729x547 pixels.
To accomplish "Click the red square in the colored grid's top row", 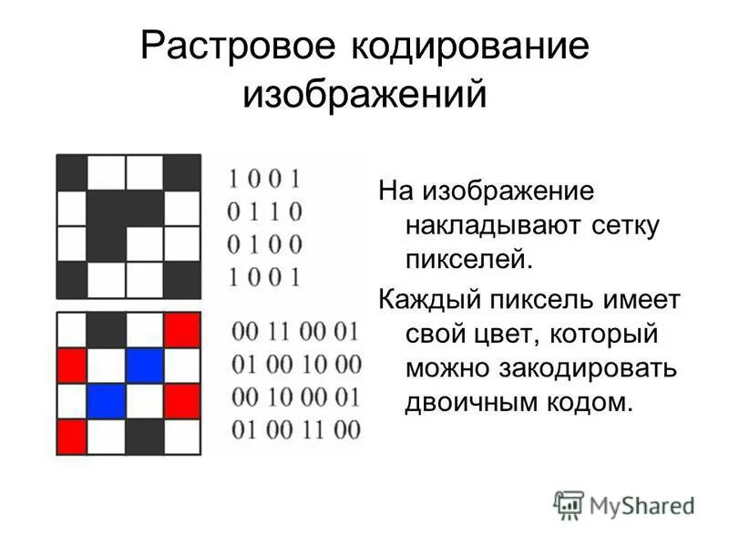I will [x=182, y=330].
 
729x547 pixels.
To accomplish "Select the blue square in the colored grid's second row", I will [x=145, y=366].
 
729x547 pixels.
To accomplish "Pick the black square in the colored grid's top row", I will [x=108, y=330].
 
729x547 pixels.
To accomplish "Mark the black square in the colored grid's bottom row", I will [x=145, y=436].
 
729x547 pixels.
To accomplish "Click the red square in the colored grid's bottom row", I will [x=72, y=436].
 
